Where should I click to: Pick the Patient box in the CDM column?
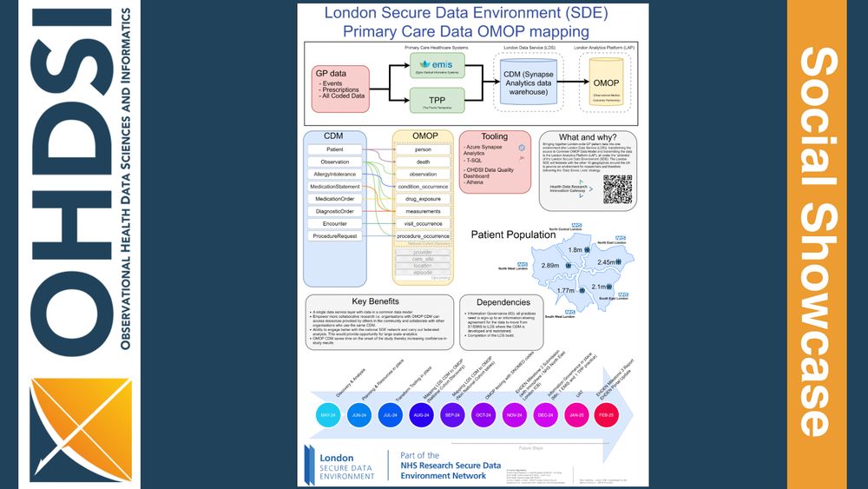(x=333, y=150)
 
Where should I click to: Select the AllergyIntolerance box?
(x=334, y=175)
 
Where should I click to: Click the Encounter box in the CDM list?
(x=333, y=223)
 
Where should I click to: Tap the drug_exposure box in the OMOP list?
(x=423, y=199)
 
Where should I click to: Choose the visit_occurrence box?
(x=423, y=223)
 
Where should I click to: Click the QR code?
(x=618, y=188)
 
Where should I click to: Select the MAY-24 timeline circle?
(x=329, y=416)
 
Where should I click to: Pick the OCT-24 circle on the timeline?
(x=482, y=416)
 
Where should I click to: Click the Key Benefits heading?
(x=378, y=301)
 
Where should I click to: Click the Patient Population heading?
(x=512, y=235)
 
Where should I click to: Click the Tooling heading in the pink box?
(x=495, y=136)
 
